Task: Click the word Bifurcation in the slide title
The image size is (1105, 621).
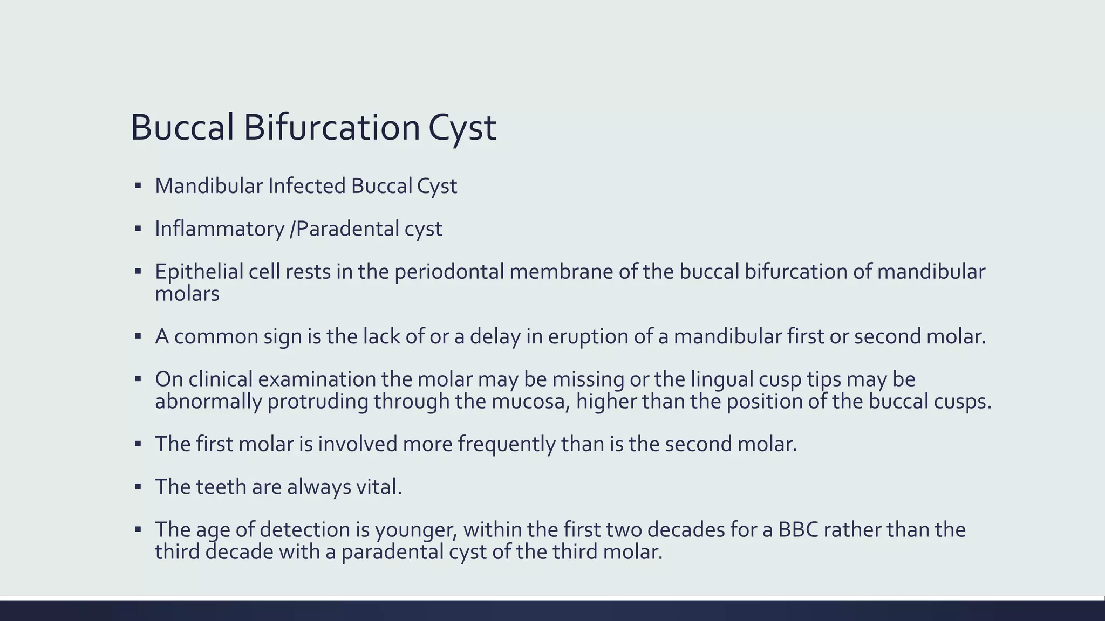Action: point(331,128)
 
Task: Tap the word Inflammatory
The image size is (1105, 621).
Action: point(219,229)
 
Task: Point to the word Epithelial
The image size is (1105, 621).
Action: point(199,272)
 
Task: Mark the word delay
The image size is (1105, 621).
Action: point(495,336)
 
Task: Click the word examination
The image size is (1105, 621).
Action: point(317,379)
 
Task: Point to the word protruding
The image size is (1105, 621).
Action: point(317,402)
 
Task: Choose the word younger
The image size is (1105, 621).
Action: point(416,530)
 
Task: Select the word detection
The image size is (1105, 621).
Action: point(304,530)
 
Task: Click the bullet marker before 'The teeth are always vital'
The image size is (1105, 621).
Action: point(138,487)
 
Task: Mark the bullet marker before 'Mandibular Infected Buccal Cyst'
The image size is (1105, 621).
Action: point(138,186)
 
